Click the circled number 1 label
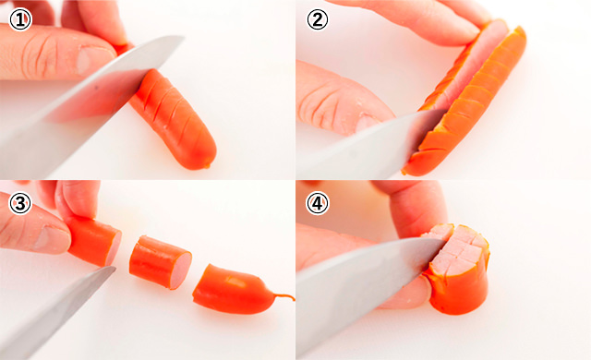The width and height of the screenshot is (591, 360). coord(20,20)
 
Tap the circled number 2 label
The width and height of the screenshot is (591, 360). coord(318,20)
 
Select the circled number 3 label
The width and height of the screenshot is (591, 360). coord(19,204)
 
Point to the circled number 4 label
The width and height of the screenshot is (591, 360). coord(318,204)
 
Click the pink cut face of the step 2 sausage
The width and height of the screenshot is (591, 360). coord(471,64)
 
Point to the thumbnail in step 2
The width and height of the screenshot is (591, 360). coord(367,123)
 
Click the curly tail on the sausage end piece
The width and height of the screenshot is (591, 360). coord(283,296)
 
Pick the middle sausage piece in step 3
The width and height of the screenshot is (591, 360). coord(160,262)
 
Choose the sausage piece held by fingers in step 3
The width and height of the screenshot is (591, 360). coord(94,240)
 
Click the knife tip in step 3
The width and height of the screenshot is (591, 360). coord(113,268)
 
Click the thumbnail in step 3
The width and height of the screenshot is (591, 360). coord(52,239)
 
